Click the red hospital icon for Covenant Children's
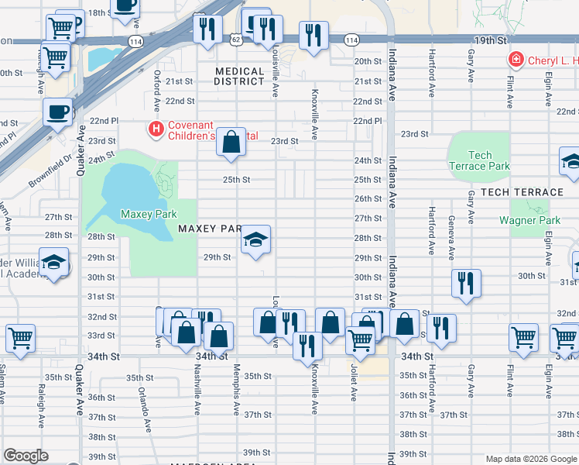(x=156, y=127)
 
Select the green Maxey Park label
(x=149, y=214)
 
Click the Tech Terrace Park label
(x=479, y=160)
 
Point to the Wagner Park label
(x=529, y=221)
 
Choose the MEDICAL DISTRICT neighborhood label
(x=239, y=76)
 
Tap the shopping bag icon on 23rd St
(x=231, y=142)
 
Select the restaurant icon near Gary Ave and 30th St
(x=466, y=283)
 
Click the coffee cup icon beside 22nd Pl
(x=58, y=112)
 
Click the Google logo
(x=26, y=456)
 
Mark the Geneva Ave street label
(x=451, y=236)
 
